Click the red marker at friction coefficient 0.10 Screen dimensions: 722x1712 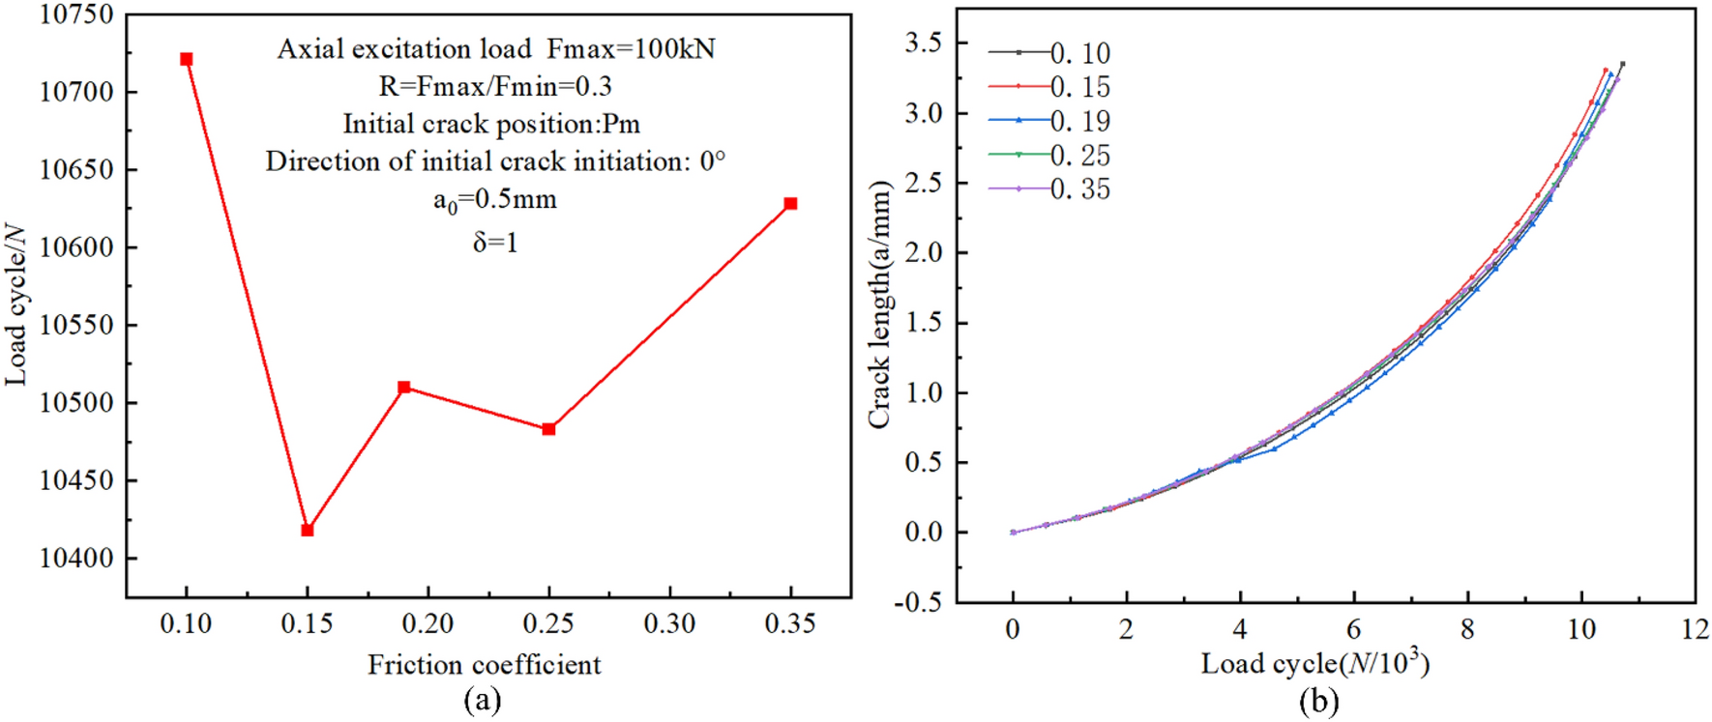pyautogui.click(x=187, y=60)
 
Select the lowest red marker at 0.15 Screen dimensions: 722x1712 pyautogui.click(x=308, y=530)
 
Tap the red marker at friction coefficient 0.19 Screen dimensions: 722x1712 pyautogui.click(x=404, y=388)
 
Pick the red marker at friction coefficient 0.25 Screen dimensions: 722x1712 pyautogui.click(x=549, y=429)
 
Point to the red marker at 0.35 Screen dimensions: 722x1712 pyautogui.click(x=790, y=204)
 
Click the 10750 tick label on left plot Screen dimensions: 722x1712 pyautogui.click(x=75, y=14)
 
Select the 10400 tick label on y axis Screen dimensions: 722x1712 pyautogui.click(x=75, y=559)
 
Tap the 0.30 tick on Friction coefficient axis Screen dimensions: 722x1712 pyautogui.click(x=669, y=624)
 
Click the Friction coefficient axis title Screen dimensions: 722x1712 pyautogui.click(x=484, y=665)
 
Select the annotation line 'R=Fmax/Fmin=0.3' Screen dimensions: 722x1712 pyautogui.click(x=495, y=87)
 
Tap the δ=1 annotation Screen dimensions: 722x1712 pyautogui.click(x=495, y=243)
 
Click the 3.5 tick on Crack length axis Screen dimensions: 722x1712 pyautogui.click(x=923, y=43)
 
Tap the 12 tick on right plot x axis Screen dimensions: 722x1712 pyautogui.click(x=1695, y=629)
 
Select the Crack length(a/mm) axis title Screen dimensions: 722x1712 pyautogui.click(x=878, y=304)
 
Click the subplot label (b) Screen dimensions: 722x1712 pyautogui.click(x=1318, y=700)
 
